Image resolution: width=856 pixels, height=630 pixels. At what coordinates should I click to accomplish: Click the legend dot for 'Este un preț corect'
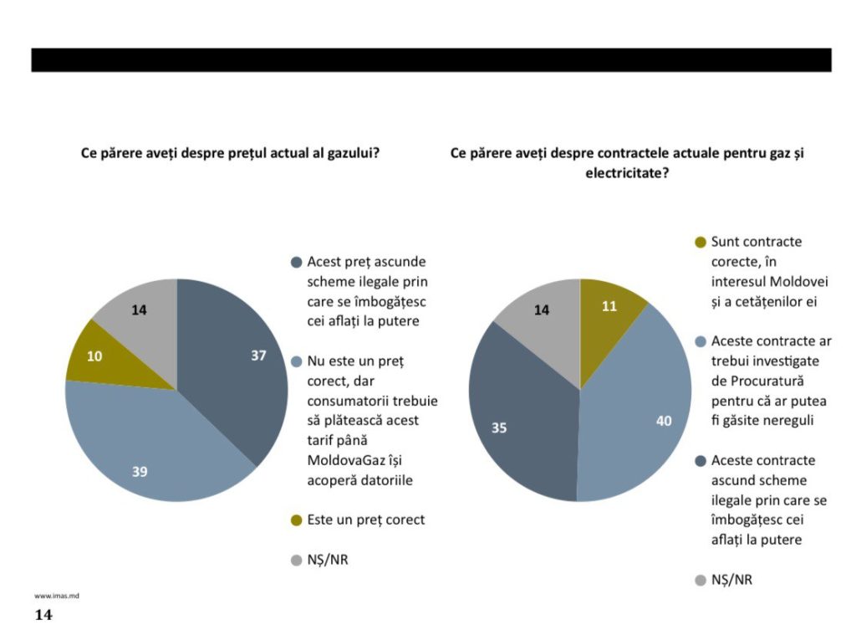tap(296, 520)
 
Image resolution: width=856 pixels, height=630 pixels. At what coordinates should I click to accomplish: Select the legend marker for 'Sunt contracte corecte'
tap(701, 243)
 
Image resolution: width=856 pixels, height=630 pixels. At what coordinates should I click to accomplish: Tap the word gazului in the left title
tap(344, 154)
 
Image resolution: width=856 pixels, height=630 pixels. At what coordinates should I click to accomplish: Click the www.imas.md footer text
tap(56, 596)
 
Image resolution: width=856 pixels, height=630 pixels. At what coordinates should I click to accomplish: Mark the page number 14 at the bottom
tap(43, 616)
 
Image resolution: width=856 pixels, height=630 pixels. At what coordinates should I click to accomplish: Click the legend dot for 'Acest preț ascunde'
tap(296, 262)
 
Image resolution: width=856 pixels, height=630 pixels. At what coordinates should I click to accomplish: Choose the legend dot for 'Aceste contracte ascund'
tap(701, 461)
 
